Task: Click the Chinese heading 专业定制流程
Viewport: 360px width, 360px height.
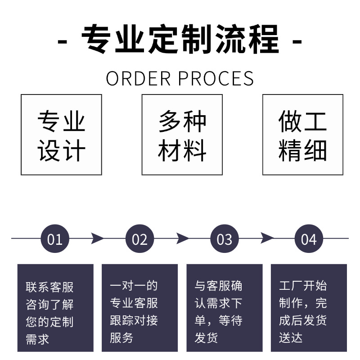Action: (x=180, y=40)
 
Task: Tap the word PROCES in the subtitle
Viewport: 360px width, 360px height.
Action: (x=216, y=78)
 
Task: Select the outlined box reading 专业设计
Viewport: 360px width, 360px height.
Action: (x=61, y=135)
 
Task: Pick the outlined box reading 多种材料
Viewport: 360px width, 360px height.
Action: (x=182, y=135)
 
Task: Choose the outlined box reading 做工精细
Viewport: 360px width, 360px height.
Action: (x=302, y=135)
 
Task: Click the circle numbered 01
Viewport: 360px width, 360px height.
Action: (x=55, y=238)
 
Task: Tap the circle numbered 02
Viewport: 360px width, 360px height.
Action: (x=139, y=238)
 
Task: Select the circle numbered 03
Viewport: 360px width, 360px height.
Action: (x=224, y=238)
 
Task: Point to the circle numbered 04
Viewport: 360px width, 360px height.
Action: (x=309, y=238)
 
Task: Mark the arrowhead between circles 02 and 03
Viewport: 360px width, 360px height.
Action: (x=182, y=238)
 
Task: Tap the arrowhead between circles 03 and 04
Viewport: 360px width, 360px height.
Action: (x=267, y=238)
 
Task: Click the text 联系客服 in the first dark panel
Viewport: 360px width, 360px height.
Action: (x=49, y=287)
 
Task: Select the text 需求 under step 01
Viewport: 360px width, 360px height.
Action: (x=37, y=339)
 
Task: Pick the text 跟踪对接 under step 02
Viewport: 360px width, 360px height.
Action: (x=134, y=320)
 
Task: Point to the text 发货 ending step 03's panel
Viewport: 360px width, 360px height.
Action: (x=207, y=337)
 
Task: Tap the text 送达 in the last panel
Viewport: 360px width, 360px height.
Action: (x=291, y=337)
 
